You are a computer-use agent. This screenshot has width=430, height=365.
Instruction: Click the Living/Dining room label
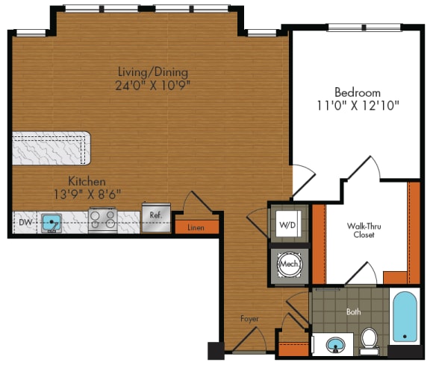[152, 72]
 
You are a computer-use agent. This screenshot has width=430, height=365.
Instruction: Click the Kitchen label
[87, 181]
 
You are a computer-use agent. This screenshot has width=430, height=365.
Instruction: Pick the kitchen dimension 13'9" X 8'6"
[87, 194]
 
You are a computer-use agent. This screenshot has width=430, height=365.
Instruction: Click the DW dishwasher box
[25, 221]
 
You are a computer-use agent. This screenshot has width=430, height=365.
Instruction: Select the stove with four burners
[102, 220]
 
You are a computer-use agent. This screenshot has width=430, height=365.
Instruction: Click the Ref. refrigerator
[155, 217]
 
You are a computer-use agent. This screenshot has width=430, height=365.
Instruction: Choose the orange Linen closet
[196, 226]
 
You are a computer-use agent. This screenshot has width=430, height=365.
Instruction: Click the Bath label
[353, 312]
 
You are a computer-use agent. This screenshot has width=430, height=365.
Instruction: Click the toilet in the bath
[369, 340]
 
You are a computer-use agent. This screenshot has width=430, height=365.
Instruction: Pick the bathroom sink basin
[334, 345]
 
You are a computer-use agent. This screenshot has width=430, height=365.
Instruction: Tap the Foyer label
[249, 318]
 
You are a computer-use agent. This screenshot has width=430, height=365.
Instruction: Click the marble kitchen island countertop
[50, 148]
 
